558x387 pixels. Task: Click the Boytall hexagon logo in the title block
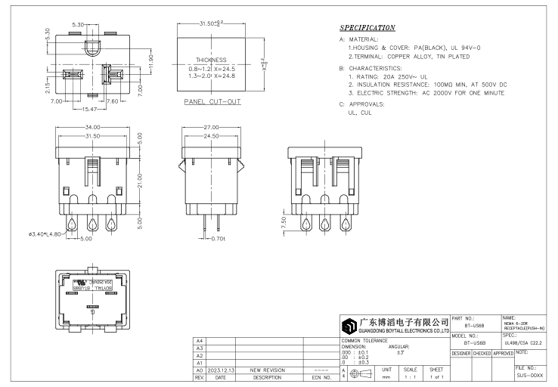point(349,327)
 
